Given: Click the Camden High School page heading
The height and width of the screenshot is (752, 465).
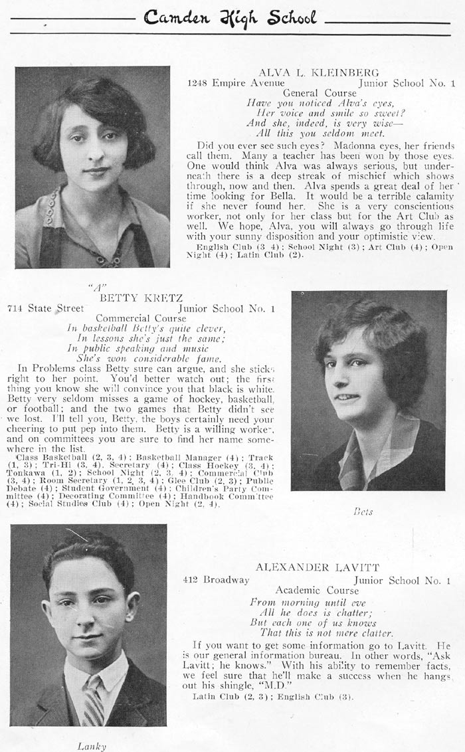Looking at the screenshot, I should point(230,18).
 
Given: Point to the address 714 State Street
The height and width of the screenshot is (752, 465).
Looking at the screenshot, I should point(46,308).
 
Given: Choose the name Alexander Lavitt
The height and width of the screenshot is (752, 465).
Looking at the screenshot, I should point(318,567).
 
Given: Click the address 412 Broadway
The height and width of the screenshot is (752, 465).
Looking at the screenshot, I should point(217,579).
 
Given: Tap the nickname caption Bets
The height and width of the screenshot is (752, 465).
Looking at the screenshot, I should point(363,512).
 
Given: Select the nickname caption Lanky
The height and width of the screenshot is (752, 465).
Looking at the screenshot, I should point(92,746).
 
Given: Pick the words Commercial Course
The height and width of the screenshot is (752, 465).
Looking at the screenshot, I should point(141,318).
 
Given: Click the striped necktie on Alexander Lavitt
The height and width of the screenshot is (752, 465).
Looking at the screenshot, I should point(92,700).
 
